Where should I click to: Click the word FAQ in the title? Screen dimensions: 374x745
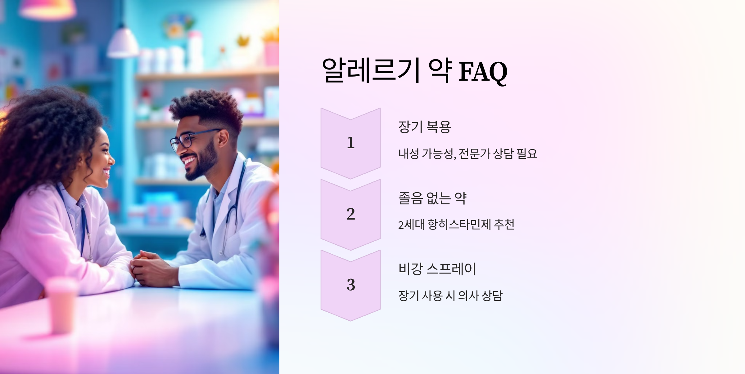point(483,72)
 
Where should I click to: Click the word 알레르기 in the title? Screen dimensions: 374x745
point(371,71)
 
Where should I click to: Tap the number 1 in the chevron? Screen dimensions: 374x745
point(350,143)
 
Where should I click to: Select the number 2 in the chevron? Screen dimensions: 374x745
point(350,214)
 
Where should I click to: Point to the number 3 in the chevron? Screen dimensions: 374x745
point(350,285)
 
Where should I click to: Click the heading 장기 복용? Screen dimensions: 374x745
point(424,127)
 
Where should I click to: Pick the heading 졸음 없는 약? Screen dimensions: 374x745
point(432,198)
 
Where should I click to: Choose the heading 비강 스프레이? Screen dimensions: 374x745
point(437,269)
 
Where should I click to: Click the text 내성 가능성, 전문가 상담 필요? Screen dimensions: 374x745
point(467,154)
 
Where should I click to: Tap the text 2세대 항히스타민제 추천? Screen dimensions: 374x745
point(456,225)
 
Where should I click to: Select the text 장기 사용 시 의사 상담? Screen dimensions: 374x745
point(450,296)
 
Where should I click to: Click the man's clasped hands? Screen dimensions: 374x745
point(149,268)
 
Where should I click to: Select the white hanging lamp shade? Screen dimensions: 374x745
point(123,43)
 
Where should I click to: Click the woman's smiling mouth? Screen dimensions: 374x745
point(106,172)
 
